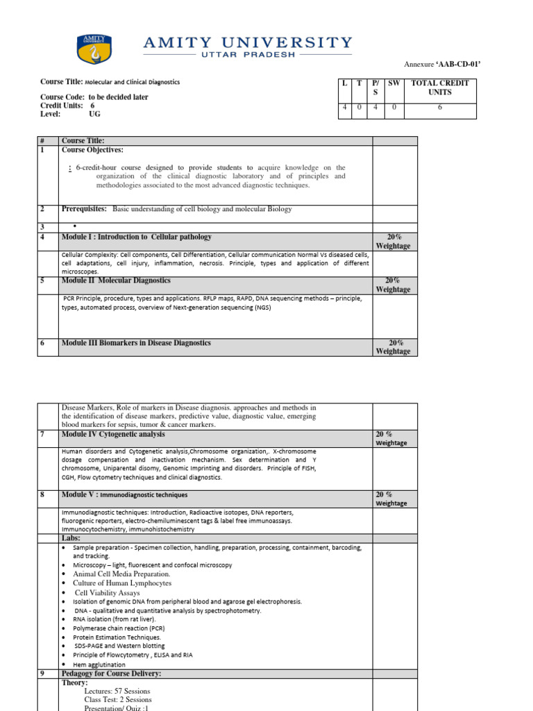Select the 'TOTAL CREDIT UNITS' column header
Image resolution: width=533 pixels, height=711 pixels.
(x=439, y=87)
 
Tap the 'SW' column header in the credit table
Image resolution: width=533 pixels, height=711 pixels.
(x=394, y=83)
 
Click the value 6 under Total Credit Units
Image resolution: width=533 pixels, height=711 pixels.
(x=439, y=108)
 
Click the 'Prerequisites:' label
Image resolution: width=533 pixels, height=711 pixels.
(x=84, y=209)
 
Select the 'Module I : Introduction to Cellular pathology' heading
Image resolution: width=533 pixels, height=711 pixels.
(x=136, y=237)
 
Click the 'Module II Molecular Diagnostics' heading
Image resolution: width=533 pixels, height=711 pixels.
(x=115, y=281)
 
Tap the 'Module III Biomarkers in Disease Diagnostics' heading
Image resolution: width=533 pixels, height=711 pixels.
(x=136, y=343)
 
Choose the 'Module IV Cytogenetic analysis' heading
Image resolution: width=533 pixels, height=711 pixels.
(x=113, y=435)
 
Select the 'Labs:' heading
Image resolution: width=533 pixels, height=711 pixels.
(x=71, y=538)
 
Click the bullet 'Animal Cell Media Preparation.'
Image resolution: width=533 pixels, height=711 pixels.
(x=121, y=574)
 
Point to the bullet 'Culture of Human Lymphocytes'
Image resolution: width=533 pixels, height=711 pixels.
(x=122, y=583)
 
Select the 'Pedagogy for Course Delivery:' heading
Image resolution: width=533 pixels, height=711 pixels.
(x=111, y=674)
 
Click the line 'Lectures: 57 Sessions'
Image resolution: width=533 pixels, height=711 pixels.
(x=117, y=692)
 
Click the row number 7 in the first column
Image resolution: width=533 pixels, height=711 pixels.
(x=42, y=435)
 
